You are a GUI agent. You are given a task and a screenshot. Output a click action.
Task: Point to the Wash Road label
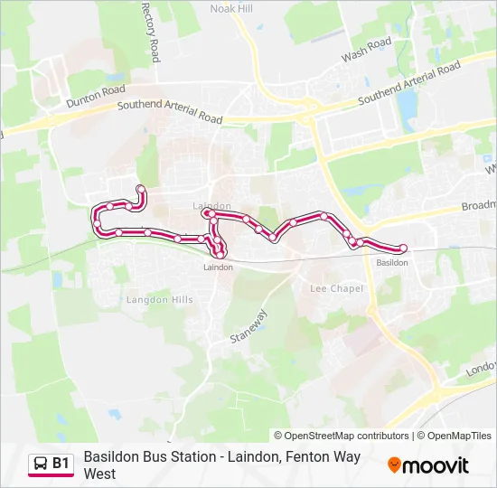(x=367, y=50)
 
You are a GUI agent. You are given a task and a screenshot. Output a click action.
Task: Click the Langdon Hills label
(x=159, y=299)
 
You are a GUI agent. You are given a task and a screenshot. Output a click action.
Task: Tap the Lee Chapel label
(x=336, y=289)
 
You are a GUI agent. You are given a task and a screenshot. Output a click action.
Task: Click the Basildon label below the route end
(x=392, y=263)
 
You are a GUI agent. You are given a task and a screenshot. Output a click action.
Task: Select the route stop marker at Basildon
(x=403, y=249)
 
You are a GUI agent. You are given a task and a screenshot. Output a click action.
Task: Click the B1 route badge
(x=51, y=465)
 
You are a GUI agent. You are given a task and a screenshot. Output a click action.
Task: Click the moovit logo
(x=428, y=465)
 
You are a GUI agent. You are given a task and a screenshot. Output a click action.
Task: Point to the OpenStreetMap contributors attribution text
(x=342, y=436)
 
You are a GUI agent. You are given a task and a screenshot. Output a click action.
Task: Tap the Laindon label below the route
(x=218, y=267)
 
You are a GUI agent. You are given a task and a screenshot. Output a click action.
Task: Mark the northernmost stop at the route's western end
(x=140, y=189)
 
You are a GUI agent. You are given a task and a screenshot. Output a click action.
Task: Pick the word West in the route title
(x=99, y=474)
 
